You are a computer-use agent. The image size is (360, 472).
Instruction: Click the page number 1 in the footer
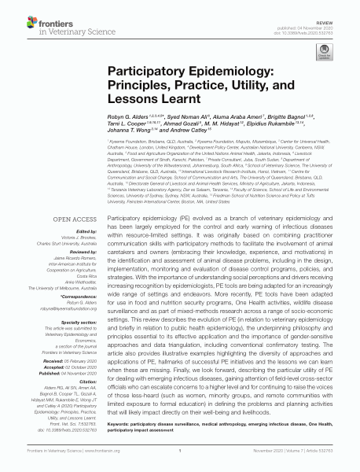180,464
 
